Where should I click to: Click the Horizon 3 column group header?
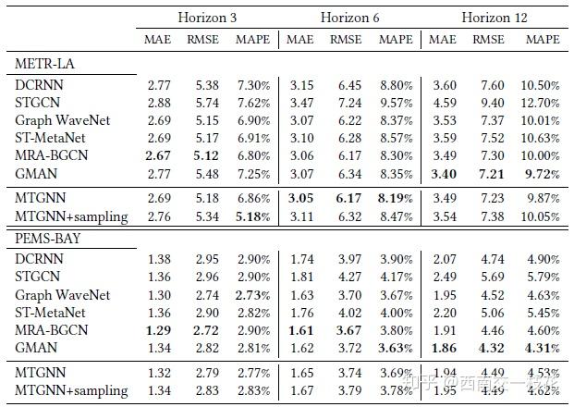coord(209,18)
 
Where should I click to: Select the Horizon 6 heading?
coord(349,18)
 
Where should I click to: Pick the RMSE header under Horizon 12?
coord(488,40)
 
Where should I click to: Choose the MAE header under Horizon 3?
coord(158,40)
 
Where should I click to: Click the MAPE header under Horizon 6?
coord(397,40)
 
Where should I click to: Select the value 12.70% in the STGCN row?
coord(541,103)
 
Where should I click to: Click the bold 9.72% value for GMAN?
coord(543,173)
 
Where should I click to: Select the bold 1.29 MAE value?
coord(158,330)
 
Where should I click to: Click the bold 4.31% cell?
coord(543,348)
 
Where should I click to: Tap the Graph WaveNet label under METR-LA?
coord(62,120)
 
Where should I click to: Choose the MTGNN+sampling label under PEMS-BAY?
coord(71,391)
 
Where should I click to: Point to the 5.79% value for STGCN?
coord(543,277)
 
